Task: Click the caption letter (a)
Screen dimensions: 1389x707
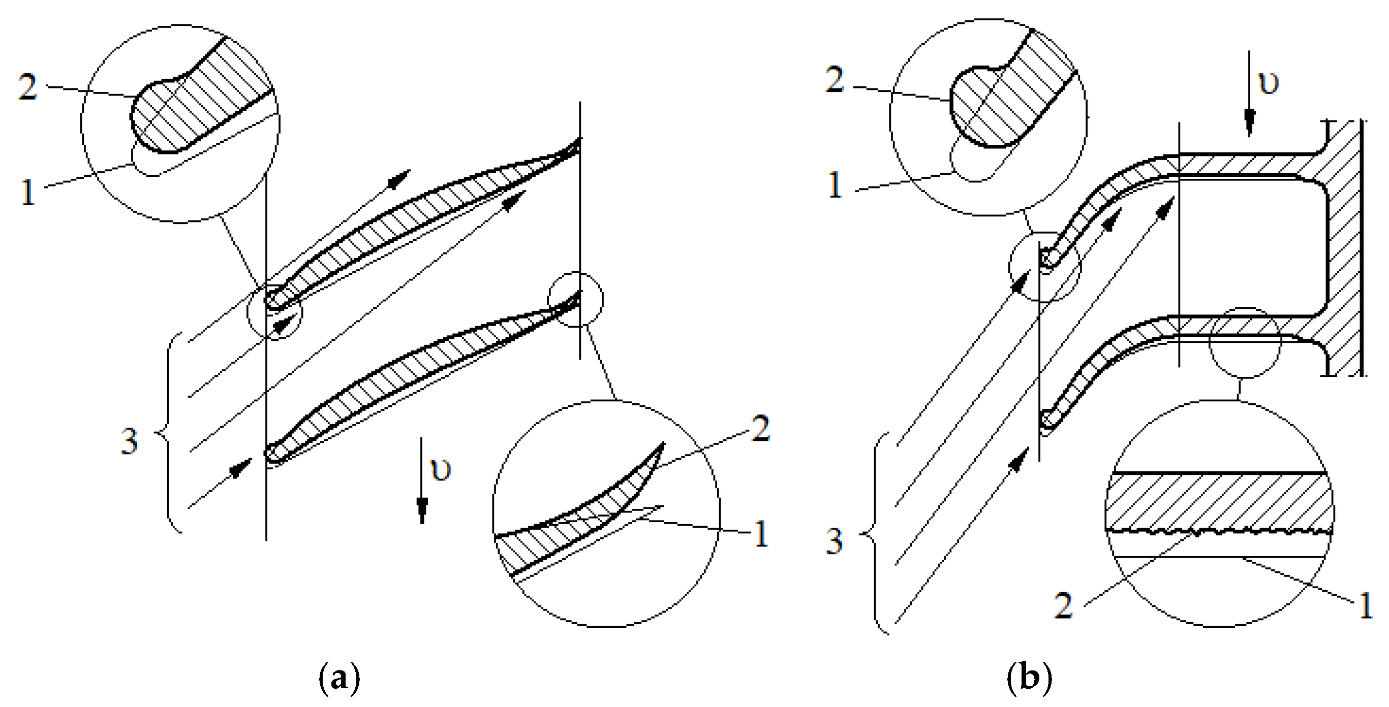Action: (x=339, y=679)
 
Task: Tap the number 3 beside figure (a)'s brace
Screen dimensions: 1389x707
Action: (x=130, y=441)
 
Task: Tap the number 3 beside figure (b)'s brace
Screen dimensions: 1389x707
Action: (x=835, y=541)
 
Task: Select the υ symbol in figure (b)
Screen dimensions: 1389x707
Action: (x=1269, y=83)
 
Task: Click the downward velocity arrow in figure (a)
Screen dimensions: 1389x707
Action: (x=422, y=480)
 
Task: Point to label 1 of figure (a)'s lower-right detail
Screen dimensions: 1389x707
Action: (x=760, y=533)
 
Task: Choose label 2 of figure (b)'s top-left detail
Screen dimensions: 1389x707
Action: (x=835, y=80)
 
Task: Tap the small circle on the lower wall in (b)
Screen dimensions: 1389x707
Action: (x=1210, y=342)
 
